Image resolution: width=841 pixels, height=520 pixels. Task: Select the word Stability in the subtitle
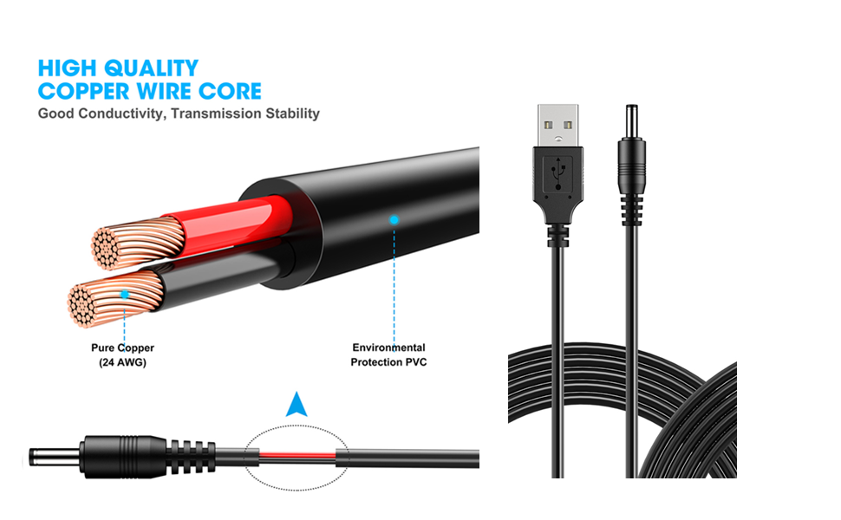coord(291,114)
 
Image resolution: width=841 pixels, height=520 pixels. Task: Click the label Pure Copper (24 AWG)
coord(122,355)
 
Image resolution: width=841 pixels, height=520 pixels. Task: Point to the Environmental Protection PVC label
coord(388,355)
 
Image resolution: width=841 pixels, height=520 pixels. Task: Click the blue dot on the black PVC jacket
coord(394,220)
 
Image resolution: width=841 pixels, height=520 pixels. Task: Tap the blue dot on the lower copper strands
coord(125,295)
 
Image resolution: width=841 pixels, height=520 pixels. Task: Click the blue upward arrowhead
coord(297,405)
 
